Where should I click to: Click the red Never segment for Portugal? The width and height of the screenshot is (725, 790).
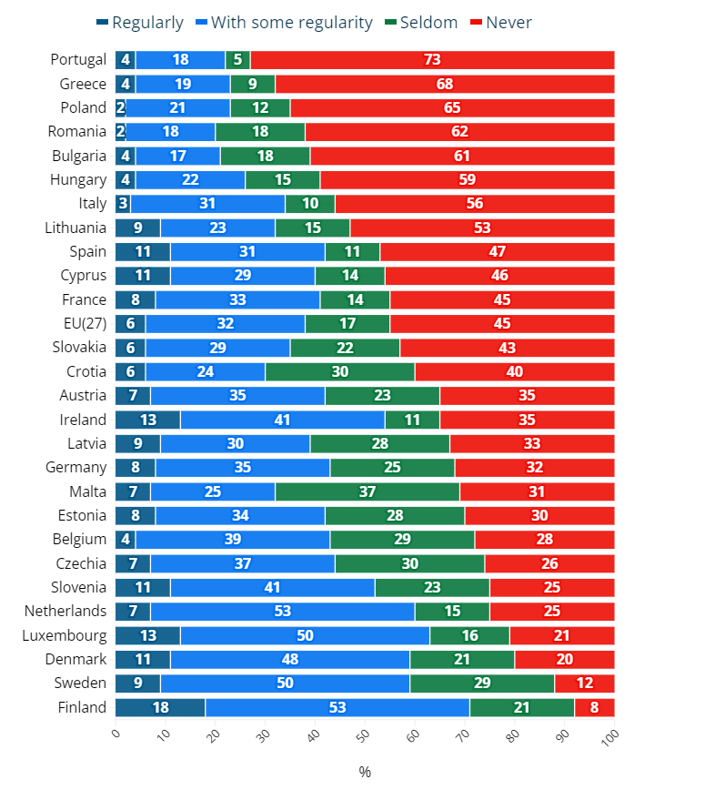click(x=432, y=60)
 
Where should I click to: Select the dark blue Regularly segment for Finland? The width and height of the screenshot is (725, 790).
click(x=160, y=707)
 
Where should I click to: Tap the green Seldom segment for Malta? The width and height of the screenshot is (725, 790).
click(x=368, y=491)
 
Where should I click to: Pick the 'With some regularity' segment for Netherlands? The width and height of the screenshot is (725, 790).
click(x=283, y=612)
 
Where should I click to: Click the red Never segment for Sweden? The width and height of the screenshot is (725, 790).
click(x=584, y=684)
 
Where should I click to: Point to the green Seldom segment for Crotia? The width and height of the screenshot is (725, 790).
click(x=340, y=371)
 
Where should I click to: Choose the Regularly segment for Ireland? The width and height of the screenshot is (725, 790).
click(x=147, y=420)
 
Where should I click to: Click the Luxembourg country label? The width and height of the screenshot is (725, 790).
click(x=65, y=635)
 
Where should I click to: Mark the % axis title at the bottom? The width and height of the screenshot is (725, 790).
click(x=365, y=772)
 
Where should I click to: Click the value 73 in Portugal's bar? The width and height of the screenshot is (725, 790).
click(x=432, y=60)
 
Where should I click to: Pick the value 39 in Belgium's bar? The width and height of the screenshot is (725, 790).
click(x=233, y=540)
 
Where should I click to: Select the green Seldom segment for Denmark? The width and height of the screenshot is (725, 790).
click(x=462, y=660)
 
